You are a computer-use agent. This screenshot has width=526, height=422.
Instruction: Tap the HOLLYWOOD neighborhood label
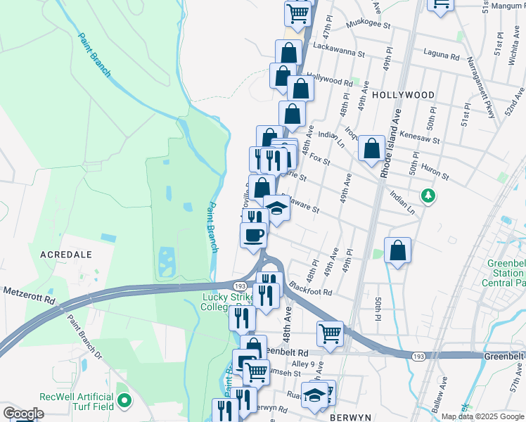click(403, 94)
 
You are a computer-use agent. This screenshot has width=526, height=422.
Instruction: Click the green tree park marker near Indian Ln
click(425, 194)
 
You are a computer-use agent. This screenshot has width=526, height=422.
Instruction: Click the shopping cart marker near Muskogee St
click(298, 13)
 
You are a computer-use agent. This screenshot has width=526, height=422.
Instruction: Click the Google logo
click(23, 414)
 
